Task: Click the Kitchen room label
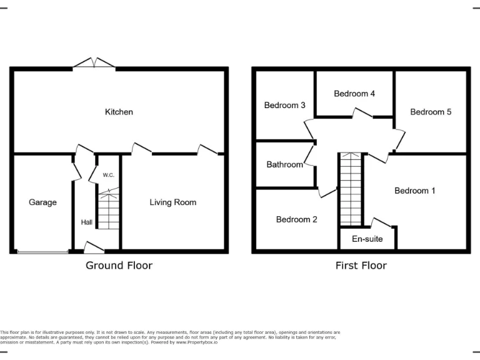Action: point(119,112)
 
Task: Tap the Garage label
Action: point(42,202)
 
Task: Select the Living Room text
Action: point(172,202)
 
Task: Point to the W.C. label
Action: point(108,176)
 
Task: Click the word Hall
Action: point(86,222)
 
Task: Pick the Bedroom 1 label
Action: point(414,191)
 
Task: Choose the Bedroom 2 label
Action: point(296,219)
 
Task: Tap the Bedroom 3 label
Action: point(284,105)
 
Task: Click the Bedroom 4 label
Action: point(354,94)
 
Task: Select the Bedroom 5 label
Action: point(430,112)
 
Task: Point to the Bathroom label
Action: point(284,165)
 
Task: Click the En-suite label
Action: point(367,239)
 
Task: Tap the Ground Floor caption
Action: point(119,265)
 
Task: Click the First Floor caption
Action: point(361,265)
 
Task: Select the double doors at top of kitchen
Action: point(94,63)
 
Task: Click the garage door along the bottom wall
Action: point(42,252)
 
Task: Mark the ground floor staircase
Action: point(109,212)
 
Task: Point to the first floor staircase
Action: point(350,189)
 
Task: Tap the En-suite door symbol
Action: point(382,222)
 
